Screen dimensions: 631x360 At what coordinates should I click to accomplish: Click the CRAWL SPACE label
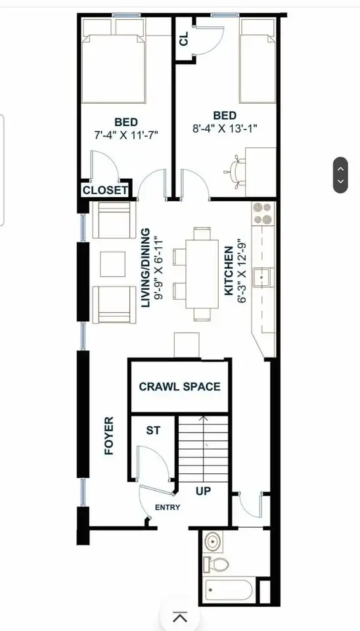point(179,386)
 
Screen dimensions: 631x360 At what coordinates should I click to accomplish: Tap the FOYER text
point(109,436)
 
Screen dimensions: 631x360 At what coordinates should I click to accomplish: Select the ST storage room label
point(152,431)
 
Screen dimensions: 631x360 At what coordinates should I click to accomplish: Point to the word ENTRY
point(167,507)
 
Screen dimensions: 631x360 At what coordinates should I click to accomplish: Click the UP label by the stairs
point(204,490)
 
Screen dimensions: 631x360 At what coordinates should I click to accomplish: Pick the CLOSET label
point(104,191)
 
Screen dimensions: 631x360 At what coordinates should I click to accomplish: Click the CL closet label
point(184,39)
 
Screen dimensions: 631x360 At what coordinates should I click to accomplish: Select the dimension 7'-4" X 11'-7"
point(126,134)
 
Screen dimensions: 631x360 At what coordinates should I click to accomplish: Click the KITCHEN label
point(228,271)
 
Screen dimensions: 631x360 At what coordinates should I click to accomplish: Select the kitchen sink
point(263,277)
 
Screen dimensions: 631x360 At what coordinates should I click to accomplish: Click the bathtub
point(228,590)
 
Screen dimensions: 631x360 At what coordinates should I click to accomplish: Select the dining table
point(202,273)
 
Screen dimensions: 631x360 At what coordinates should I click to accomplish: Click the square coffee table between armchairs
point(112,264)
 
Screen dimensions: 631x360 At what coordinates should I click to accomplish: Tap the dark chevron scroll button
point(340,175)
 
